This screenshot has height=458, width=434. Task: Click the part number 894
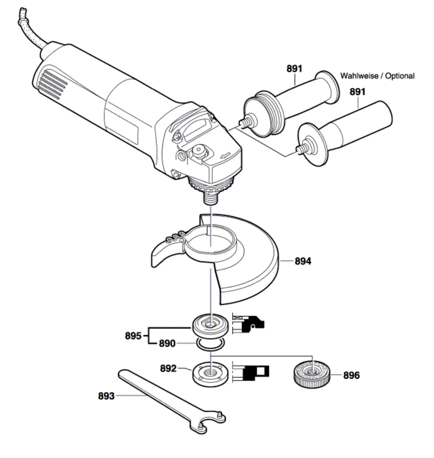point(303,261)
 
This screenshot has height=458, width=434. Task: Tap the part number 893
point(106,396)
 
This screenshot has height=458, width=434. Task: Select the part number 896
point(351,375)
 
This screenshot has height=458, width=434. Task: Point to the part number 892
point(168,368)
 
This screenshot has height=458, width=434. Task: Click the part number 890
point(167,343)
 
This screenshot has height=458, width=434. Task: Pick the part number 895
point(133,336)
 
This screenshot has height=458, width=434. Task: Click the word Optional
point(400,76)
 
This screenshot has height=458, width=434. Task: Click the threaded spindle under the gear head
point(210,198)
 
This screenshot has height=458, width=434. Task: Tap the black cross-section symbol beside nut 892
point(250,372)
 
